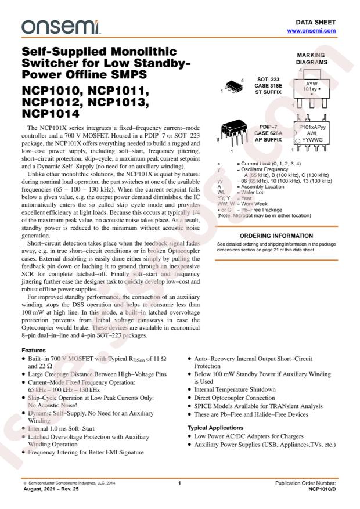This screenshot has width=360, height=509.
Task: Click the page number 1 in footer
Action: [x=180, y=483]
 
